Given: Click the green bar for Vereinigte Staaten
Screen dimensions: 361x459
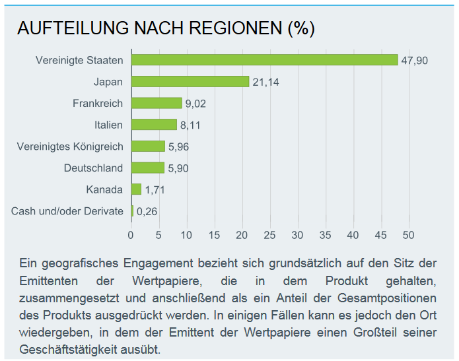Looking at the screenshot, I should click(264, 60).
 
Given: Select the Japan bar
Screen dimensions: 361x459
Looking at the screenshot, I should click(190, 82).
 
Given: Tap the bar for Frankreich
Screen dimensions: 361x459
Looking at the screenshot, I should click(157, 103).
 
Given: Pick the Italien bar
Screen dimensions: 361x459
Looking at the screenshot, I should click(154, 125).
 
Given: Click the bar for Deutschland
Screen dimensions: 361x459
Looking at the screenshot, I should click(148, 168).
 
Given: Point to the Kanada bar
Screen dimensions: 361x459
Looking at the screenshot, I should click(137, 189).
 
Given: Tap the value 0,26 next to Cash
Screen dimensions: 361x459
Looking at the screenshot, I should click(147, 212).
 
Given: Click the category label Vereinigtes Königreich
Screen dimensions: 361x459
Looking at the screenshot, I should click(70, 147).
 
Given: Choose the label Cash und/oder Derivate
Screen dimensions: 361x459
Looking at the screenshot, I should click(67, 211).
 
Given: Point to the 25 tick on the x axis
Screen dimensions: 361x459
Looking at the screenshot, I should click(269, 235).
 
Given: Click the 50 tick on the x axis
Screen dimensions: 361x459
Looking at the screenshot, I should click(408, 235).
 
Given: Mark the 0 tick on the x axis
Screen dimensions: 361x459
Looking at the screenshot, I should click(131, 235).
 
